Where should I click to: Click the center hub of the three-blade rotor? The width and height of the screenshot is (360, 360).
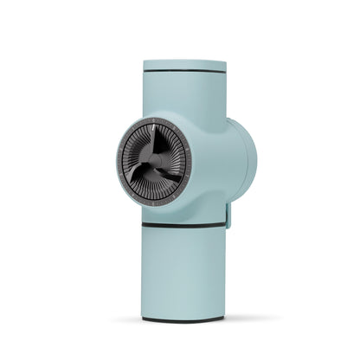point(152,164)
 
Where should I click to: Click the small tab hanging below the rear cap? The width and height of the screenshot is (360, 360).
point(229,215)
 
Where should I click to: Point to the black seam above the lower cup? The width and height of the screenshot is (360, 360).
point(183,226)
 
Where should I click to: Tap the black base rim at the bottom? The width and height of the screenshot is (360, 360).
point(183,319)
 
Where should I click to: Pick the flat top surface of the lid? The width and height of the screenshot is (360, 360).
point(183,61)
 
